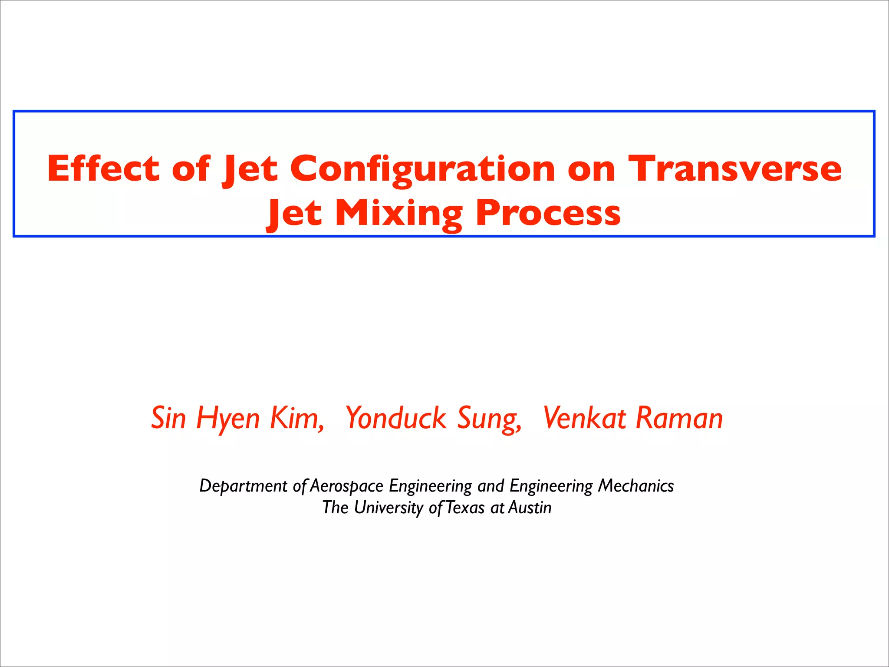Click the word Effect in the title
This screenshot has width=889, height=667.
[x=103, y=168]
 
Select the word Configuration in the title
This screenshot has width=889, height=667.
[x=422, y=169]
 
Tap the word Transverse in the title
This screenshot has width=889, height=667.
[x=735, y=168]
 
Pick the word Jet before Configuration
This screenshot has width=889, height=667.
[x=250, y=169]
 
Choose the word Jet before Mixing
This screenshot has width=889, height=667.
[x=294, y=214]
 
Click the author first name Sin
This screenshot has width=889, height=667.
[x=168, y=418]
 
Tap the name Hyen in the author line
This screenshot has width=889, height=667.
[x=228, y=419]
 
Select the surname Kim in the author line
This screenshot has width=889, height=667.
[x=297, y=418]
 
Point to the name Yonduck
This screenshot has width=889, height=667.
[x=395, y=419]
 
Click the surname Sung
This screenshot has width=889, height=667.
[x=490, y=419]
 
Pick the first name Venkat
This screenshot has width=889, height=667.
[x=584, y=418]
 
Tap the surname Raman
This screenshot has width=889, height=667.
[x=679, y=418]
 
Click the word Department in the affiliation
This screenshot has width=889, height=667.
[x=243, y=486]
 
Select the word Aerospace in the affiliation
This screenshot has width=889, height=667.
[x=347, y=486]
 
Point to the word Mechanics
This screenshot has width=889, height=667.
[x=635, y=485]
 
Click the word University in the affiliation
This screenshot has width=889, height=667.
[x=389, y=508]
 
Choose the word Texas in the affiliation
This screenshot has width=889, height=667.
[x=465, y=507]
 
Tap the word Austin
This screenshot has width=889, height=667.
[x=530, y=507]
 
